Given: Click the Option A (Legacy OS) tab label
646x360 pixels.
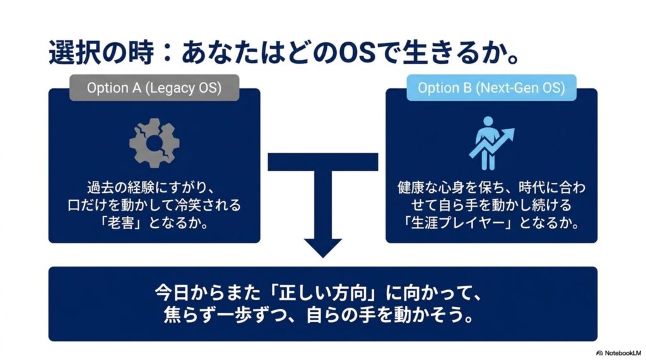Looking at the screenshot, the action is coord(154,88).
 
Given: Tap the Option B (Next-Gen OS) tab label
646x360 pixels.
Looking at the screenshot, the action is coord(491,88).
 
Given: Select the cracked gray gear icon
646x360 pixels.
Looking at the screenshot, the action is coord(155,143).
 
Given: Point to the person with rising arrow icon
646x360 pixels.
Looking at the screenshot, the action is coord(491,143).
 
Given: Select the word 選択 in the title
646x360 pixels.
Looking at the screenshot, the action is coord(74,53).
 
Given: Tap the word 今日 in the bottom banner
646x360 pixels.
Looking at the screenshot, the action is coord(173,293).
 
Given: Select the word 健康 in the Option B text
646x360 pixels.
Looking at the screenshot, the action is coord(414,188).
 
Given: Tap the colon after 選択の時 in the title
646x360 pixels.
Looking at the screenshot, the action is coord(167,54).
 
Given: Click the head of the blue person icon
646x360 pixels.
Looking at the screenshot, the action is coord(488,121).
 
